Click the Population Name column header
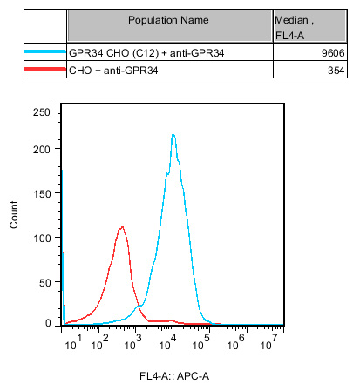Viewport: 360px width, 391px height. [168, 20]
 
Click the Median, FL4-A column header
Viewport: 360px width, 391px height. [294, 28]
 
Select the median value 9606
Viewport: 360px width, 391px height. [333, 53]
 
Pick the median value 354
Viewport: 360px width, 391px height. [336, 71]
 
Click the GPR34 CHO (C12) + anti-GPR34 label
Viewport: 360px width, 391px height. [146, 53]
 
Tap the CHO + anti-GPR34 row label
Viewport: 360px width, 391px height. [113, 71]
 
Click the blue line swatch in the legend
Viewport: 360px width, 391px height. [45, 51]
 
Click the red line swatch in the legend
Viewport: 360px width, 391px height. [45, 69]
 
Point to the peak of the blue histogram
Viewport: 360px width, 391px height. [173, 135]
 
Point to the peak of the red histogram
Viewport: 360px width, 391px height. [122, 227]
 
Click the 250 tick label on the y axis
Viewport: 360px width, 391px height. [42, 112]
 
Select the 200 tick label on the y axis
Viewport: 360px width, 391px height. [42, 150]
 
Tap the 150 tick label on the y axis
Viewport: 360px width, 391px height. [42, 194]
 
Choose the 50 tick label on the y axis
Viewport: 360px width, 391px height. [45, 283]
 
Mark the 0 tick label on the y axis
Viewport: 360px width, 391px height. [48, 323]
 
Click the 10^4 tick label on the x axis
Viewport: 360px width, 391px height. [167, 342]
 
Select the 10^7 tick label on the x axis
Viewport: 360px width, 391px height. [268, 342]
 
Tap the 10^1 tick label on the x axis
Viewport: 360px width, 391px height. [73, 342]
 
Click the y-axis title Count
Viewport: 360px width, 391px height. [14, 214]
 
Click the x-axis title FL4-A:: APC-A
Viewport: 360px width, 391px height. [174, 376]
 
